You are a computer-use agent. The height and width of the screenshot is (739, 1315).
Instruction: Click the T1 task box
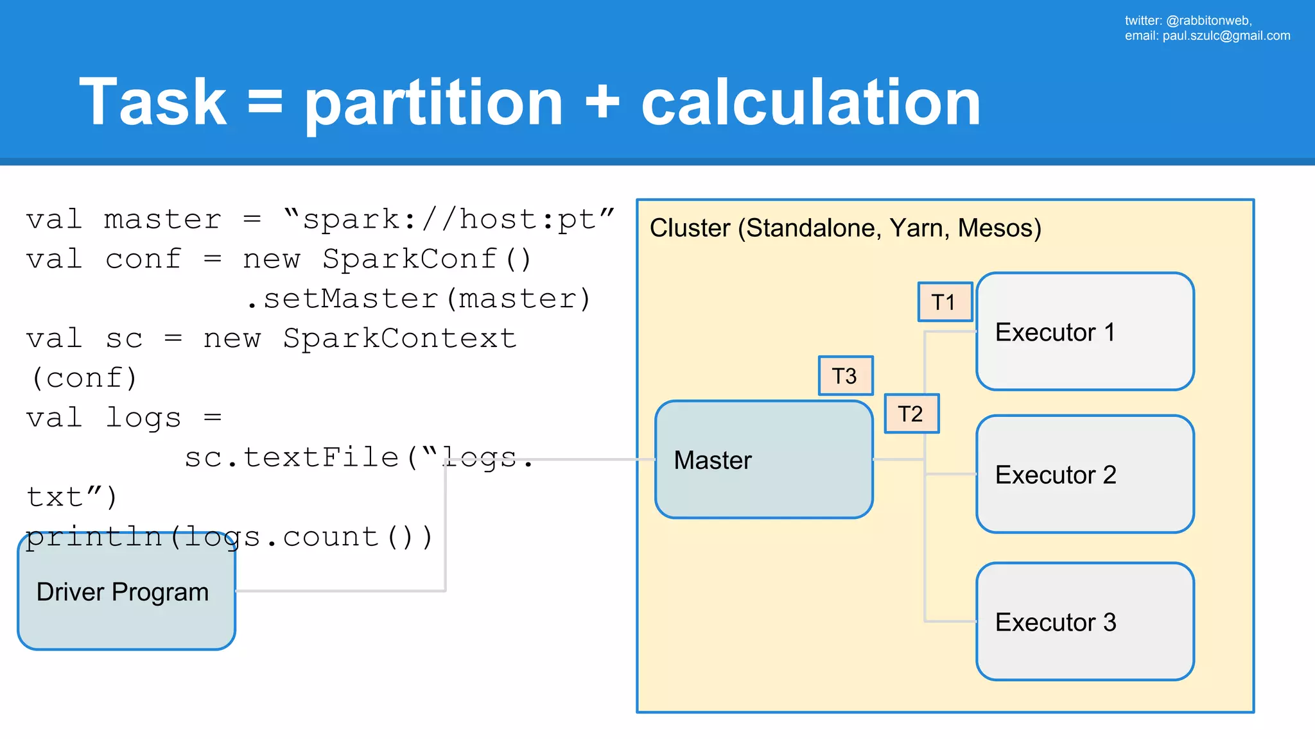[945, 302]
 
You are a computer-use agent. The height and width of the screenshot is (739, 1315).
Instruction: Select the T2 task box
[911, 414]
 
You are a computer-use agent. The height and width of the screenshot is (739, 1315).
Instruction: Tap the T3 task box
[845, 376]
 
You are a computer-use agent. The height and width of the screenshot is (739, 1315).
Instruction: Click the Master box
[763, 459]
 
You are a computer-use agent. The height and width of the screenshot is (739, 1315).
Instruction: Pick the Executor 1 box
[1084, 332]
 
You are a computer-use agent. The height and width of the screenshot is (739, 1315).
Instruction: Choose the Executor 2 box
[1084, 474]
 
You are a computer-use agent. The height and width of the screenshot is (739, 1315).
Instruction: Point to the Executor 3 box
[1084, 622]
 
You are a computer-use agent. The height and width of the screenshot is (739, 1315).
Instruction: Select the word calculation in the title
[810, 103]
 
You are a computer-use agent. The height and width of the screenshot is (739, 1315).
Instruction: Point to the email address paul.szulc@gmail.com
[1226, 36]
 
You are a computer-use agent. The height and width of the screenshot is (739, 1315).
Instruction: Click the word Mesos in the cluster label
[998, 228]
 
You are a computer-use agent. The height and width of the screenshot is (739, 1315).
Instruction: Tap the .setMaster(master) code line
[419, 299]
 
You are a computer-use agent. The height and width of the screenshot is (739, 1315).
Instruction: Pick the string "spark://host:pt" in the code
[448, 219]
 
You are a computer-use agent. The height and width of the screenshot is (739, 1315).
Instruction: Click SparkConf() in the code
[426, 259]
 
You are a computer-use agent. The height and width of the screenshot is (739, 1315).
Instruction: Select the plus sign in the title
[602, 103]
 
